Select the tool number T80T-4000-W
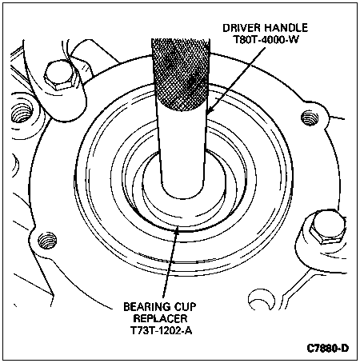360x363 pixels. pos(266,39)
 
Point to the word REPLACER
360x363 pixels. pos(160,318)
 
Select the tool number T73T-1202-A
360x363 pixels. pos(161,330)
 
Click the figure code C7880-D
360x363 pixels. pos(327,348)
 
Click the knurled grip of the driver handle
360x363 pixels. pos(181,74)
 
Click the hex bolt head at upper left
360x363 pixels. pos(59,76)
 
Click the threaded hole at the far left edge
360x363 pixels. pos(22,114)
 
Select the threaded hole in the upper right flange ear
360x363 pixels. pos(310,118)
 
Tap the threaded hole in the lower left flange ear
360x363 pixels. pos(47,241)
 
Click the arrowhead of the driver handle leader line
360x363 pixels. pos(210,110)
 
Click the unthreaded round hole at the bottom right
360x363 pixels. pos(262,299)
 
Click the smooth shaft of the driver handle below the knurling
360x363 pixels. pos(183,150)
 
